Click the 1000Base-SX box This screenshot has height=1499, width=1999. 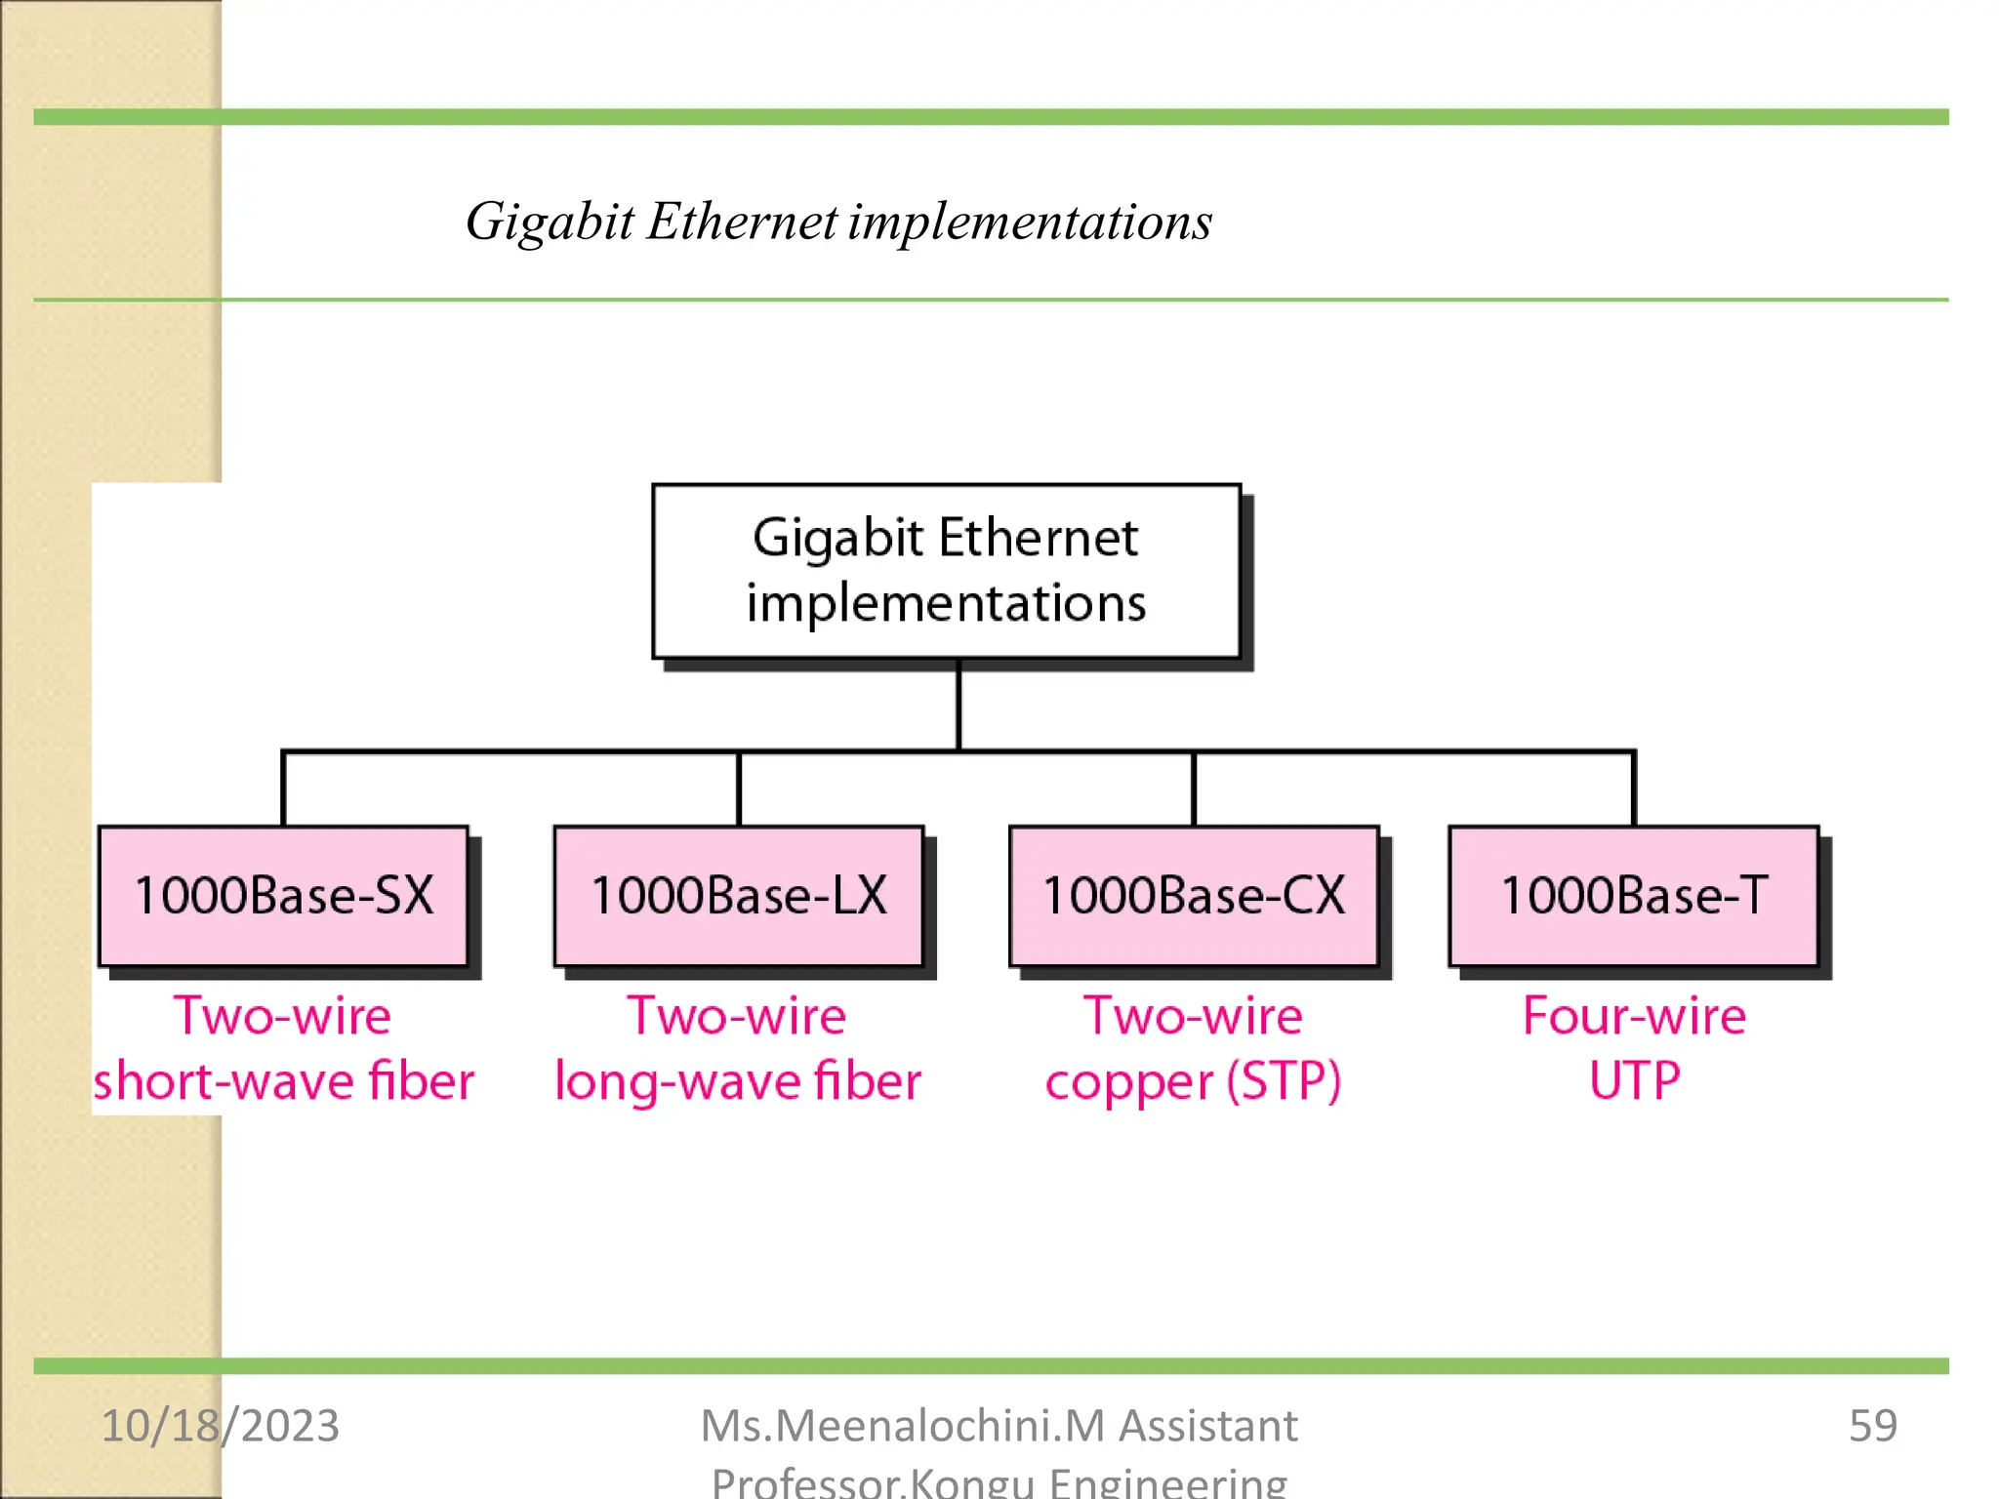pos(283,896)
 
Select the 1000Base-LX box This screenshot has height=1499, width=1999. pos(739,896)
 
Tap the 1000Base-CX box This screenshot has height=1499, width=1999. pos(1194,896)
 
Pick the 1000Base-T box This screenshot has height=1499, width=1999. pos(1634,896)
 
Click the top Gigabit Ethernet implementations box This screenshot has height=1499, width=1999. pos(946,571)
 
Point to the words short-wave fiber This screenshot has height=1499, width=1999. pos(283,1081)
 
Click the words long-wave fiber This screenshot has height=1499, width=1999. pos(738,1081)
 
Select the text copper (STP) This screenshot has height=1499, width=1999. pos(1193,1081)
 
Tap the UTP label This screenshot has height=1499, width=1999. pos(1635,1080)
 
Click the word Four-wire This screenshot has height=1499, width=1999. pos(1634,1016)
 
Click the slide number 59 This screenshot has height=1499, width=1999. pos(1872,1426)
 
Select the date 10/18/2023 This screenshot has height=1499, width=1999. pos(221,1426)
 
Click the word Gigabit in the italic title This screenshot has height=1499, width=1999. pos(550,223)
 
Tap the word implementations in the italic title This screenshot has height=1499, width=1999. pos(1030,223)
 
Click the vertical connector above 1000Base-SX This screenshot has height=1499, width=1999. pos(283,789)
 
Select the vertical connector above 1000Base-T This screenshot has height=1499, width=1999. pos(1634,789)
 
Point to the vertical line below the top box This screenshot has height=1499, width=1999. pos(959,705)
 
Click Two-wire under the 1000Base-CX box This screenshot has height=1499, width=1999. pos(1193,1016)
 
